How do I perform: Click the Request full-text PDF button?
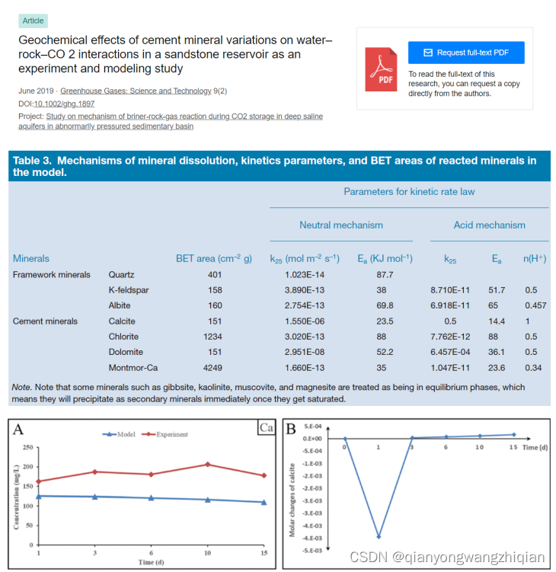tap(466, 53)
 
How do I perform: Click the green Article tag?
tap(33, 21)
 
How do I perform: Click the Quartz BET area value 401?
tap(214, 274)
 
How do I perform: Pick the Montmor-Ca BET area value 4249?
tap(214, 368)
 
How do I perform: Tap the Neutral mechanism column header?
tap(340, 225)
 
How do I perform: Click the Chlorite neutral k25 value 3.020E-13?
tap(304, 337)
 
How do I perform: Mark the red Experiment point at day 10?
tap(207, 464)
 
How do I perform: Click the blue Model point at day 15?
tap(264, 502)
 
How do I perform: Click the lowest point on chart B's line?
tap(379, 536)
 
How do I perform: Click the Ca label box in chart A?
tap(266, 428)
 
